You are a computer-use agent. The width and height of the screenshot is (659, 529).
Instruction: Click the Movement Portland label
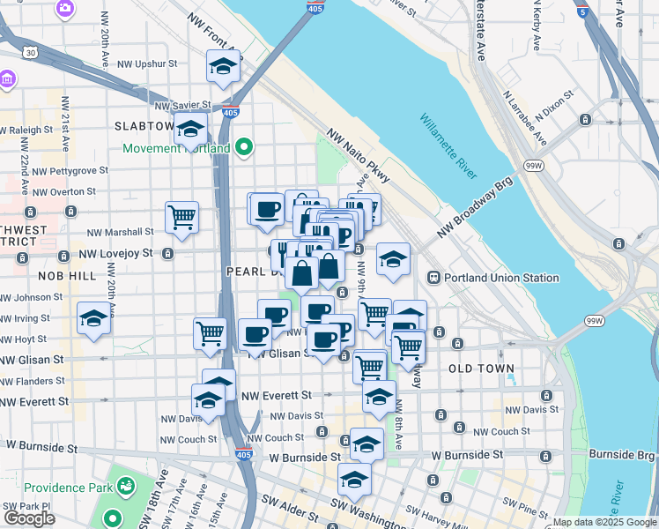coord(176,148)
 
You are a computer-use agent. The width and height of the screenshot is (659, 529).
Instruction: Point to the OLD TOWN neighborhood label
coord(481,368)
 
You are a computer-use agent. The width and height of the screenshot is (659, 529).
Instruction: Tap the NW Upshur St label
coord(149,63)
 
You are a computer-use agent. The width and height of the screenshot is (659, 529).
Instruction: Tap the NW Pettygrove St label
coord(67,170)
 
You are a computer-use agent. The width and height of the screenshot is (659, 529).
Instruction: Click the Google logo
coord(29,518)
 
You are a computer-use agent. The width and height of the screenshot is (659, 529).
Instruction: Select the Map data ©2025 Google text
coord(604,522)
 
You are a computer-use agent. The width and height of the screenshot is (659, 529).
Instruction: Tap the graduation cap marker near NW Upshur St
coord(224,65)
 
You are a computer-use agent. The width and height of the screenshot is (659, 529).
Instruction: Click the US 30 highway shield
coord(31,53)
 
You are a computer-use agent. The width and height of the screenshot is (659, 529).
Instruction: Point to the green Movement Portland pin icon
coord(246,147)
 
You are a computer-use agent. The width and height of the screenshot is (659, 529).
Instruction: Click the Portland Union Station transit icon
coord(434,278)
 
